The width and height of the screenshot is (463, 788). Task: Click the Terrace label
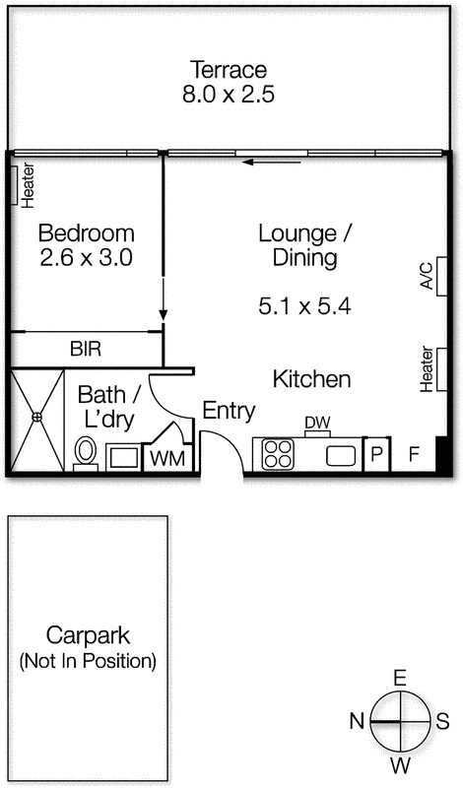(x=229, y=70)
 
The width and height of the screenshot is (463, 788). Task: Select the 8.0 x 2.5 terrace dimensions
(x=229, y=96)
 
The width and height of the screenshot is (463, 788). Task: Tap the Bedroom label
(x=86, y=233)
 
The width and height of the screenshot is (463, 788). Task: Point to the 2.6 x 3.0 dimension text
(x=86, y=258)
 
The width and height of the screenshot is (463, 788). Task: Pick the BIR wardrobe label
(x=85, y=349)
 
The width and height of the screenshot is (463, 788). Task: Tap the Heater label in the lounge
(x=426, y=367)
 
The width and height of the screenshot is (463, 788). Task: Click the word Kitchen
(x=311, y=379)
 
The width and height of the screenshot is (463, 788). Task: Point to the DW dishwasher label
(x=316, y=424)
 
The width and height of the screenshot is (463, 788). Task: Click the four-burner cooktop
(x=277, y=454)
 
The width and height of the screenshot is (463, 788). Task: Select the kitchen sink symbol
(x=341, y=455)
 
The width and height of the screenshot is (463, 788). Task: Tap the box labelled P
(x=375, y=455)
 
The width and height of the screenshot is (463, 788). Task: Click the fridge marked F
(x=414, y=455)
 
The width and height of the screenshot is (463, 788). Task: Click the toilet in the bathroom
(x=86, y=453)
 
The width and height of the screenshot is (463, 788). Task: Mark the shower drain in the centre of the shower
(x=37, y=417)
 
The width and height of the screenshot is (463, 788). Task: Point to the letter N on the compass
(x=357, y=722)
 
